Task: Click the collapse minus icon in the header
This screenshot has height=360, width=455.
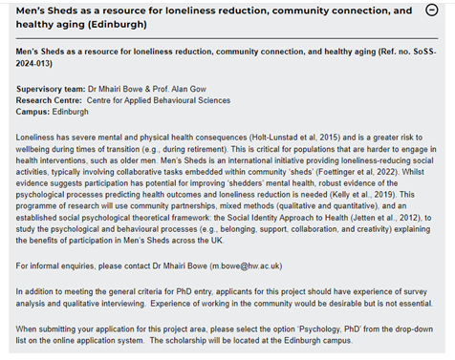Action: [x=433, y=11]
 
